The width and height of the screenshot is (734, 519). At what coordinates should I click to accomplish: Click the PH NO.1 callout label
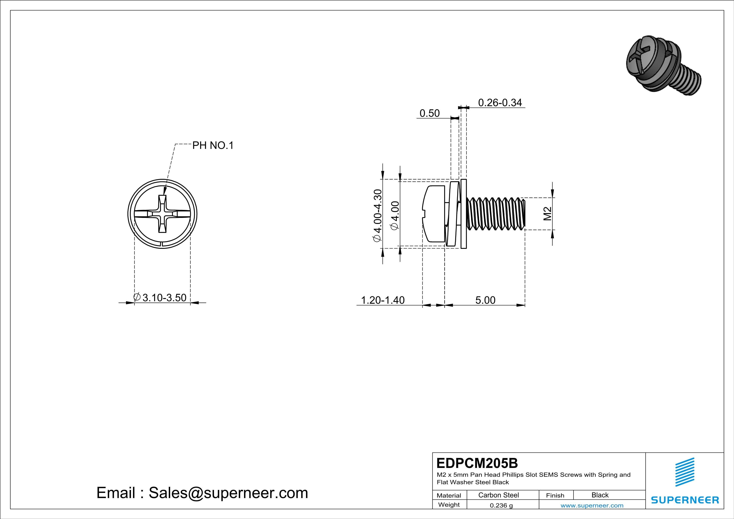(213, 146)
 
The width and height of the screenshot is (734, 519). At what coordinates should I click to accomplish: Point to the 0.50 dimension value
(429, 113)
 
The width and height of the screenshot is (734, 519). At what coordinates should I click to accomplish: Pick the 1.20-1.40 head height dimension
(382, 300)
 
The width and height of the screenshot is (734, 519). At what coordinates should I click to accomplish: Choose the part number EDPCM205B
(477, 463)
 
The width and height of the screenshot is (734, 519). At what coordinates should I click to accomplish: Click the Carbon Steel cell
(498, 495)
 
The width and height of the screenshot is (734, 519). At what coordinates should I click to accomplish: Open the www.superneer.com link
(592, 505)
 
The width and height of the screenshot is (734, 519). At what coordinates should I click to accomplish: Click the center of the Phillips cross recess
(162, 214)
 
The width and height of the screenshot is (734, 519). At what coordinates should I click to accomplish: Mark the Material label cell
(449, 495)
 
